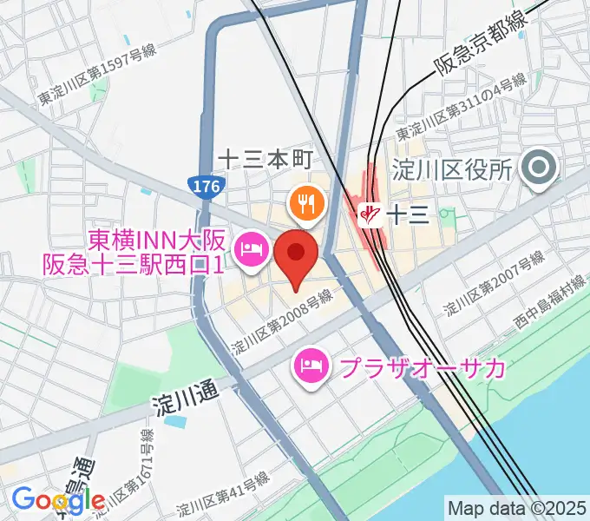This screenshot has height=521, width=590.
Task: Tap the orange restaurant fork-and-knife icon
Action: point(305,203)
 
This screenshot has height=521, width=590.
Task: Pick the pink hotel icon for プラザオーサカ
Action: point(311,367)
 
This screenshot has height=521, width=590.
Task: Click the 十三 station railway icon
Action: point(370,212)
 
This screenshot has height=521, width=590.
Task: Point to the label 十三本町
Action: point(264,159)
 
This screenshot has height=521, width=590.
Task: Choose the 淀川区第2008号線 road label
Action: point(281,321)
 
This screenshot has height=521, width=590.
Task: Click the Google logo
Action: point(57,500)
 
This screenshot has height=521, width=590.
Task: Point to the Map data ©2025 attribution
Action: point(517,506)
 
